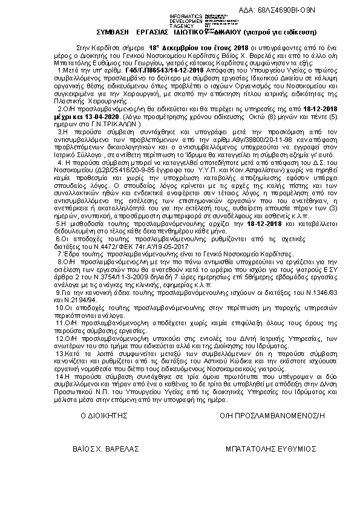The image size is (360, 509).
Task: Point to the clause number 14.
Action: click(76, 375)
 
